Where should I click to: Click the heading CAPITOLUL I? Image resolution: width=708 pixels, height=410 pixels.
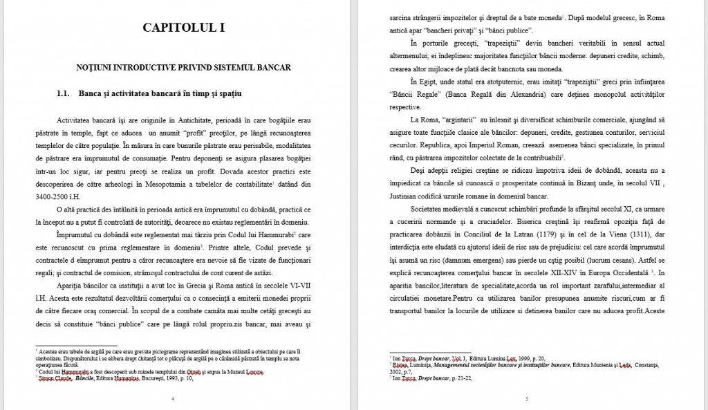click(x=183, y=28)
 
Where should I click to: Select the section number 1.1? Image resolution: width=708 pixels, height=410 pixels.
click(x=64, y=93)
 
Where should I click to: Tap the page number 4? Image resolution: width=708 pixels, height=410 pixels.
click(x=172, y=399)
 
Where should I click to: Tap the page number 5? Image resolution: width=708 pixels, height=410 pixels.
click(x=526, y=399)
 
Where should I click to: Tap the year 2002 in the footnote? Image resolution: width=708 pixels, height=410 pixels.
click(x=400, y=371)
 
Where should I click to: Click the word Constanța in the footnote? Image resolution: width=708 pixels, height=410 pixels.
click(x=646, y=364)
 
